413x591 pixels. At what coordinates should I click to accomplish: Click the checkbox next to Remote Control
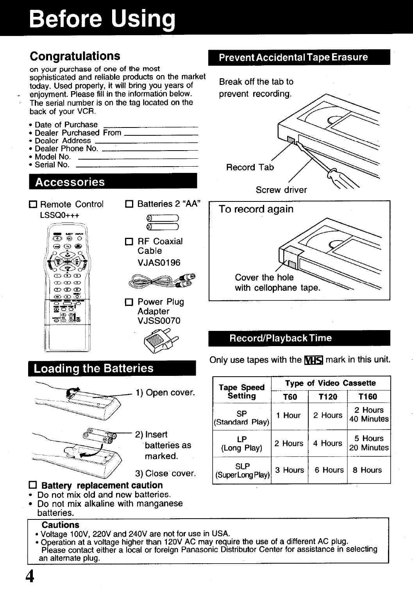pos(33,205)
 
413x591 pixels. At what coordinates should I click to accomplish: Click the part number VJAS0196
pos(159,262)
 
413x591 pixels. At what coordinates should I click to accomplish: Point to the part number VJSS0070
pos(159,321)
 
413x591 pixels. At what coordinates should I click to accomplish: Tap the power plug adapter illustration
pos(158,343)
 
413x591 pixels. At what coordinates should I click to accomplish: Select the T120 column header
pos(328,397)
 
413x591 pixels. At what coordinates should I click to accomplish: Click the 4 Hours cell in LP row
pos(327,444)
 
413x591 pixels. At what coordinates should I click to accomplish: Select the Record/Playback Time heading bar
pos(299,338)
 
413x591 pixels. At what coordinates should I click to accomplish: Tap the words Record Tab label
pos(250,168)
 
